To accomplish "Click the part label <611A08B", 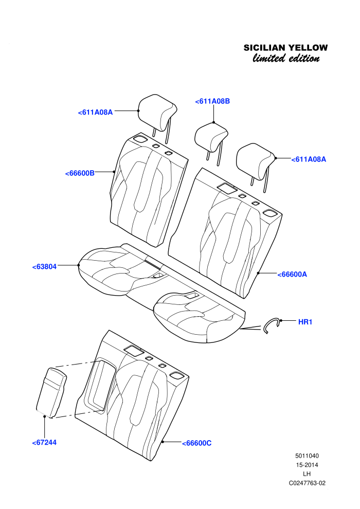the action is (212, 101).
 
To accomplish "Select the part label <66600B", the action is (80, 173).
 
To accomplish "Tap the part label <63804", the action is (44, 267).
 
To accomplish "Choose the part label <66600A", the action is (292, 275).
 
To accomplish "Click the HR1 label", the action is (305, 322).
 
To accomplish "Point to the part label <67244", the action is (44, 443).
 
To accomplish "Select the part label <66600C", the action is (197, 443).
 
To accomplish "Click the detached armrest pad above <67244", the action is (51, 392).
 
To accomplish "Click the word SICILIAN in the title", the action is (265, 48).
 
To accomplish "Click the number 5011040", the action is (307, 456).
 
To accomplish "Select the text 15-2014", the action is (307, 465).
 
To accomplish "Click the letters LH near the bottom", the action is (307, 474).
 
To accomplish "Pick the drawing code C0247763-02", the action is (307, 483).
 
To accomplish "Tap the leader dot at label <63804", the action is (79, 265).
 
